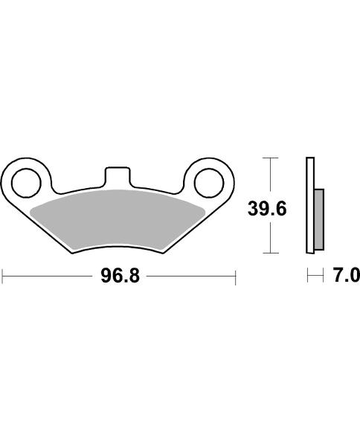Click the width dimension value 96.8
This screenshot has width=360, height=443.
pyautogui.click(x=119, y=277)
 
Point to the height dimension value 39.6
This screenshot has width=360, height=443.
pyautogui.click(x=267, y=209)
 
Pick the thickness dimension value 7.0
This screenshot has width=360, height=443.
pyautogui.click(x=346, y=277)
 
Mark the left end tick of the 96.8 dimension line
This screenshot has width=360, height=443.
pyautogui.click(x=3, y=277)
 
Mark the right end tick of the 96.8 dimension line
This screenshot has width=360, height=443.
pyautogui.click(x=235, y=277)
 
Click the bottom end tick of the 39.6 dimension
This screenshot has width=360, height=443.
pyautogui.click(x=271, y=254)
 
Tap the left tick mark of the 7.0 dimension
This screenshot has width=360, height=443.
pyautogui.click(x=309, y=277)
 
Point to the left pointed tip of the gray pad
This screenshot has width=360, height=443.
pyautogui.click(x=34, y=205)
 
